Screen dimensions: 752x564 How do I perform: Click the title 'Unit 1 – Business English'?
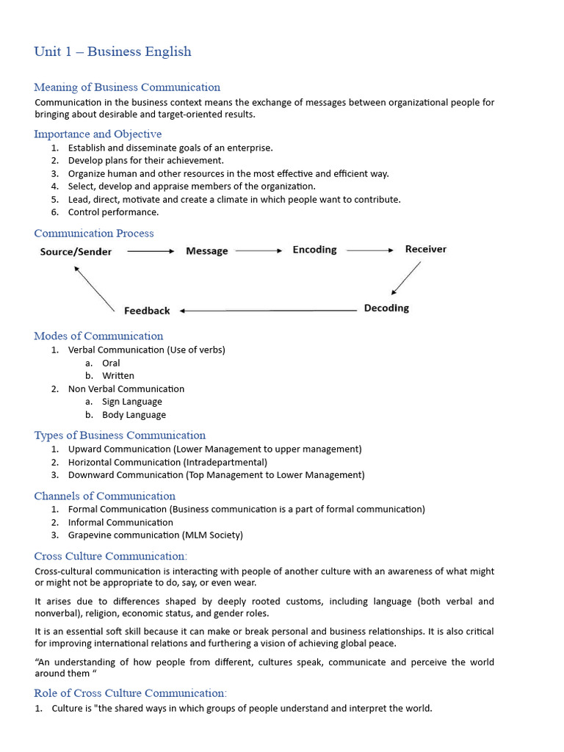tap(112, 51)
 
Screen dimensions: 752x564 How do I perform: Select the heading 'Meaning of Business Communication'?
tap(127, 87)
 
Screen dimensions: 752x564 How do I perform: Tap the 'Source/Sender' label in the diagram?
tap(76, 252)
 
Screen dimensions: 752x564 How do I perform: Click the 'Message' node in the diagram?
tap(207, 251)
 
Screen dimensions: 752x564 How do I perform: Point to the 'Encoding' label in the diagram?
tap(314, 250)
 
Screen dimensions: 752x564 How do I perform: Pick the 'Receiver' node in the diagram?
tap(425, 249)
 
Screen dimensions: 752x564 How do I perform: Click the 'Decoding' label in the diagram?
tap(386, 308)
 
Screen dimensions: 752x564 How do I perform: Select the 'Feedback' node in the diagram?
tap(147, 311)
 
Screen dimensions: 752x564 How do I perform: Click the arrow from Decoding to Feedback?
tap(268, 311)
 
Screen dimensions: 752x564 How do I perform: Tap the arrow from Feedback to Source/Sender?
tap(95, 289)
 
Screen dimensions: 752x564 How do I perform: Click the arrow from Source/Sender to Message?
tap(151, 251)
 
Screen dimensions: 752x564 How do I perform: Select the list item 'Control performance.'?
tap(113, 212)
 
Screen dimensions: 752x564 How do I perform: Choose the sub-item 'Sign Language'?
tap(132, 402)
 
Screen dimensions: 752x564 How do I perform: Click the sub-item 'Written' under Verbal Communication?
tap(118, 375)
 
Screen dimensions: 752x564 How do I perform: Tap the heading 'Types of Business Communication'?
tap(120, 435)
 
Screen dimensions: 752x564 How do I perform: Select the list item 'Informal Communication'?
tap(120, 522)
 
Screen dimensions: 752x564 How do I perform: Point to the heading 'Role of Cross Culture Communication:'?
tap(131, 693)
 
